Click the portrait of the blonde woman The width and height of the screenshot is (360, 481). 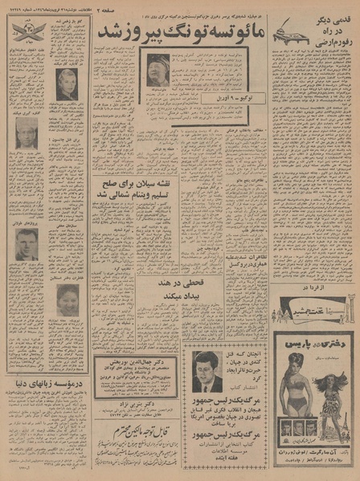(x=67, y=83)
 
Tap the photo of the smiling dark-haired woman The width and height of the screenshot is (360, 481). (x=67, y=300)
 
